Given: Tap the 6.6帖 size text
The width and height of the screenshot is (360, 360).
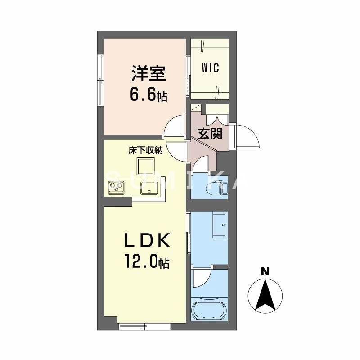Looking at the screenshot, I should point(148,95).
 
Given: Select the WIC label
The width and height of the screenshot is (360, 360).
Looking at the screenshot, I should point(210,68).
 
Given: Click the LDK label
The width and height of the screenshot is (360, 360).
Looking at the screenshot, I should point(147,242).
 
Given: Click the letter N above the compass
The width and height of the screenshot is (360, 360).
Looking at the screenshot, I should point(265,271).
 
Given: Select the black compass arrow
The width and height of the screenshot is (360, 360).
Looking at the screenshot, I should point(265,295).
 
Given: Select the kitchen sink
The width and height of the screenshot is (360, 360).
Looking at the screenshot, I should point(148,189).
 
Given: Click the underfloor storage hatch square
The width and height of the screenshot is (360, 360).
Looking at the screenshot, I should point(146,167).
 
